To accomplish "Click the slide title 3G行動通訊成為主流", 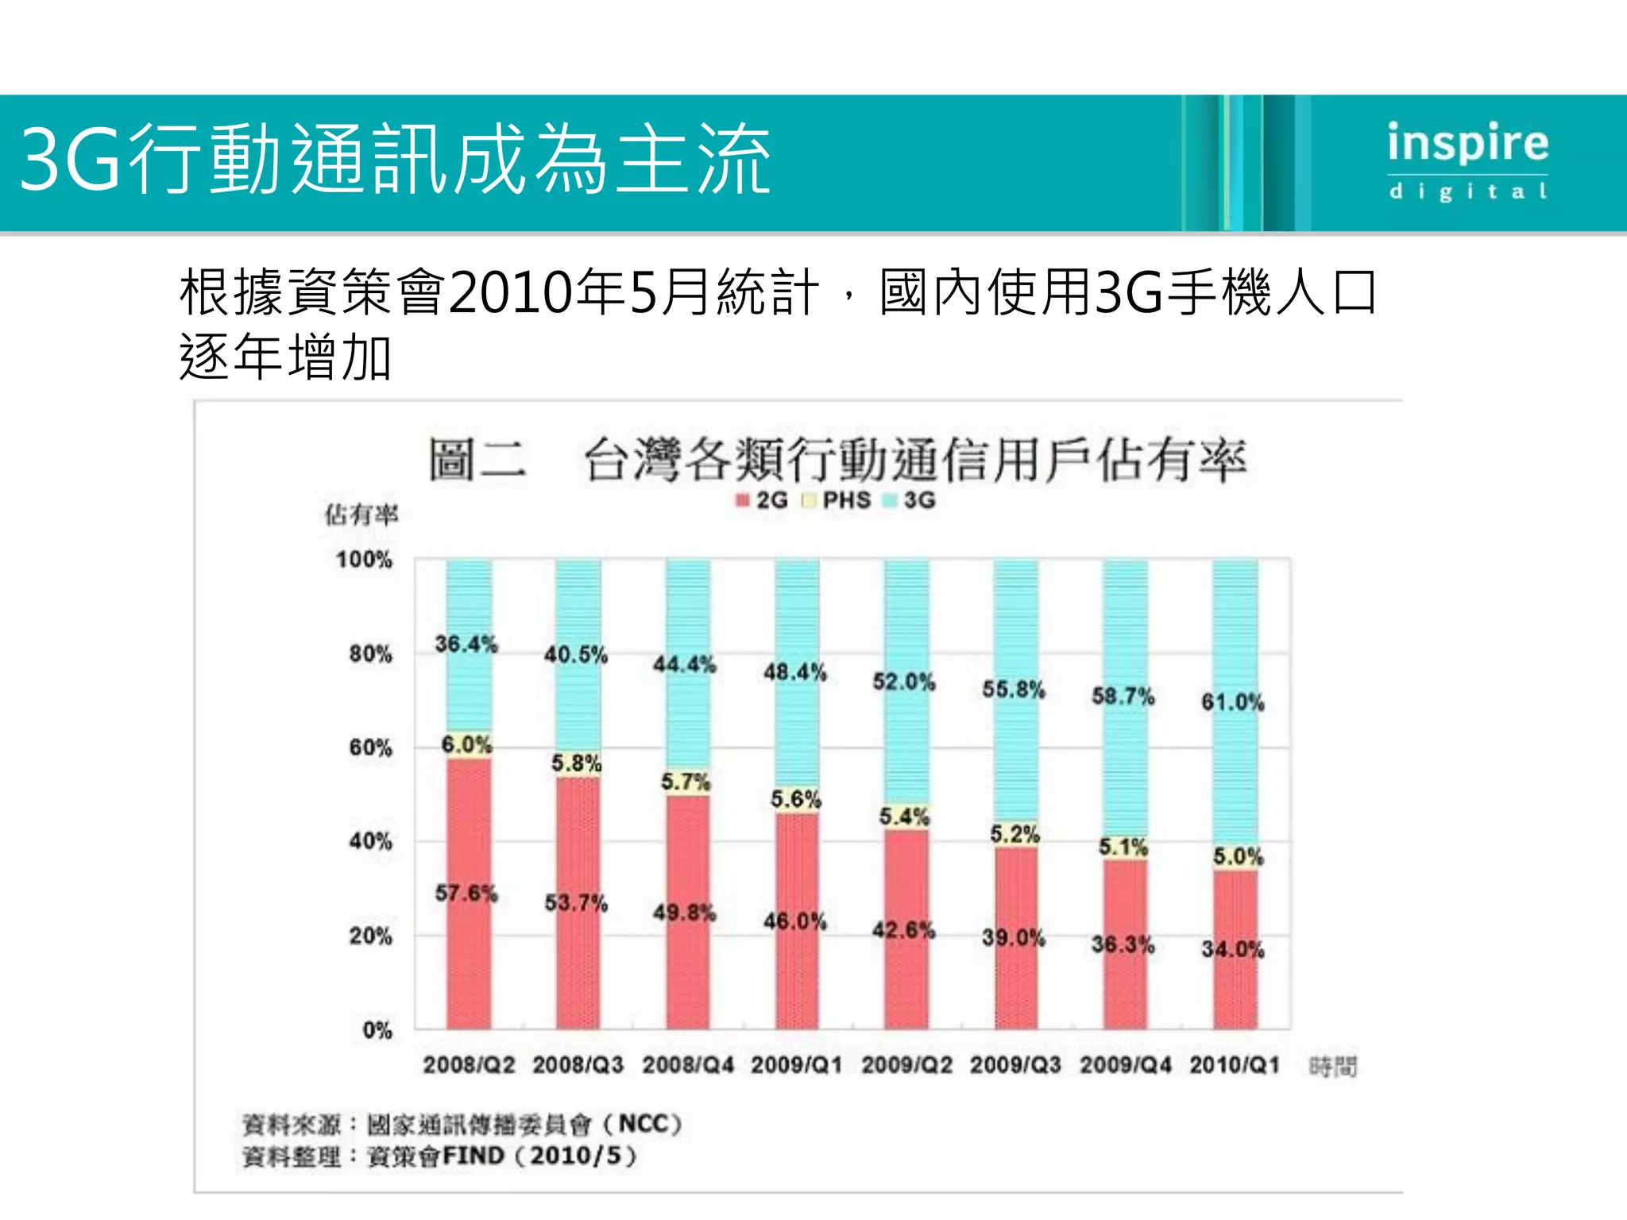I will tap(395, 160).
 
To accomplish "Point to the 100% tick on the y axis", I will tap(364, 560).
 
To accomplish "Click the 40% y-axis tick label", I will tap(370, 842).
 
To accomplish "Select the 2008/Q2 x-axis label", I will tap(469, 1065).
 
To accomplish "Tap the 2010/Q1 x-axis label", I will tap(1235, 1065).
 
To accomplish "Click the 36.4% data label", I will tap(466, 644).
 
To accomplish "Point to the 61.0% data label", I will tap(1232, 702).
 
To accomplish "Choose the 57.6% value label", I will tap(466, 894).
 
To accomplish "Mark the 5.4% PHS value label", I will tap(904, 817).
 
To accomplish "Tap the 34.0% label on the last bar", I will tap(1232, 949).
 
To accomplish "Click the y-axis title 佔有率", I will tap(361, 515).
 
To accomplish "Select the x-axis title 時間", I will tap(1333, 1067).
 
